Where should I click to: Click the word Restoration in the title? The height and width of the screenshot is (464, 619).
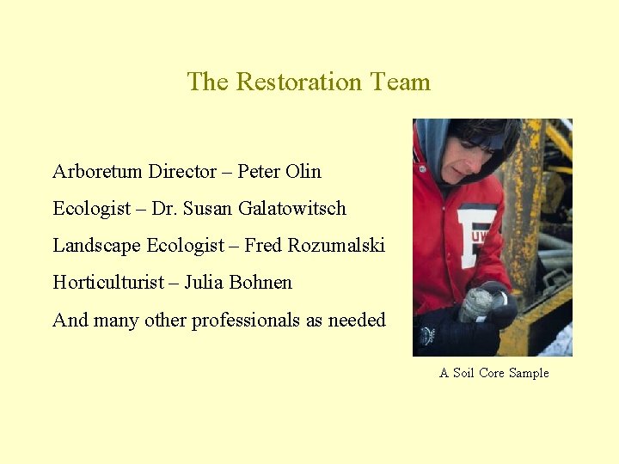(x=298, y=82)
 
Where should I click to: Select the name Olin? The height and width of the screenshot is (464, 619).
(x=303, y=172)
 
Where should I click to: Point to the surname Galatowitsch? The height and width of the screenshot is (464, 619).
(x=290, y=209)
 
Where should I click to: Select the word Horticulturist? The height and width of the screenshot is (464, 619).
(x=107, y=283)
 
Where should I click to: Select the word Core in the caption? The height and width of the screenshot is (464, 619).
(x=491, y=373)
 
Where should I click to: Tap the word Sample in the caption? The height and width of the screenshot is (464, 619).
(x=529, y=373)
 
